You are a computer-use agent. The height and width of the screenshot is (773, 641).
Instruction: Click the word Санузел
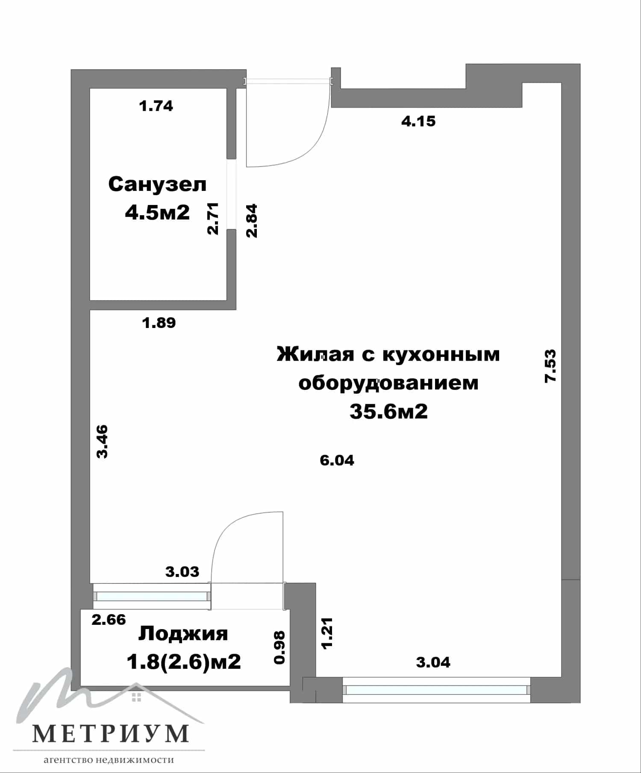pos(157,184)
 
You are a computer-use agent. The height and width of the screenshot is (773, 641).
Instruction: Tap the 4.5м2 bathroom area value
pos(157,212)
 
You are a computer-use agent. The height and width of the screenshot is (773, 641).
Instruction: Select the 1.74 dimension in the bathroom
pos(156,105)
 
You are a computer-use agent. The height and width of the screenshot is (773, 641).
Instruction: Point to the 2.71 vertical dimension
pos(213,218)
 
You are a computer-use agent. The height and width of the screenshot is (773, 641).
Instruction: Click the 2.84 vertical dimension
pos(252,221)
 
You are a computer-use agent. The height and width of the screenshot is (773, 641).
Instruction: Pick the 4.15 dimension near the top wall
pos(418,121)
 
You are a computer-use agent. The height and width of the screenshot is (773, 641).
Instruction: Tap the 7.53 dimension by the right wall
pos(550,366)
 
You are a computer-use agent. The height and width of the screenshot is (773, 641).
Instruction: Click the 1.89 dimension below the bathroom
pos(159,322)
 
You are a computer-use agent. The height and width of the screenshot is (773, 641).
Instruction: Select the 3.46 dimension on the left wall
pos(102,441)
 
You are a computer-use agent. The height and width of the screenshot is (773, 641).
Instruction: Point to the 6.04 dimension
pos(337,460)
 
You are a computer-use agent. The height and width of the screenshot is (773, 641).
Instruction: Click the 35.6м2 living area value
pos(388,411)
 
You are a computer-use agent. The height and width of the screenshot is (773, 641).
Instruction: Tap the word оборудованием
pos(388,383)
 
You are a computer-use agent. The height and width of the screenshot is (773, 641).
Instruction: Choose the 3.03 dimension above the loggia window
pos(182,571)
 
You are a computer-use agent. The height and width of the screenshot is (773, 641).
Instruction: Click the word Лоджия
pos(183,634)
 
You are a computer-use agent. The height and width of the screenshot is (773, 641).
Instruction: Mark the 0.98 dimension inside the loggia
pos(279,647)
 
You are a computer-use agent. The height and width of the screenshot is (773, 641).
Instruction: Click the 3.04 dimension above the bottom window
pos(433,662)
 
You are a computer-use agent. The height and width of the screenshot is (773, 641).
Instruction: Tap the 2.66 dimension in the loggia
pos(109,619)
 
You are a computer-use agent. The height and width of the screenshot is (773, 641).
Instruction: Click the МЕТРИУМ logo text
pos(110,733)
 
